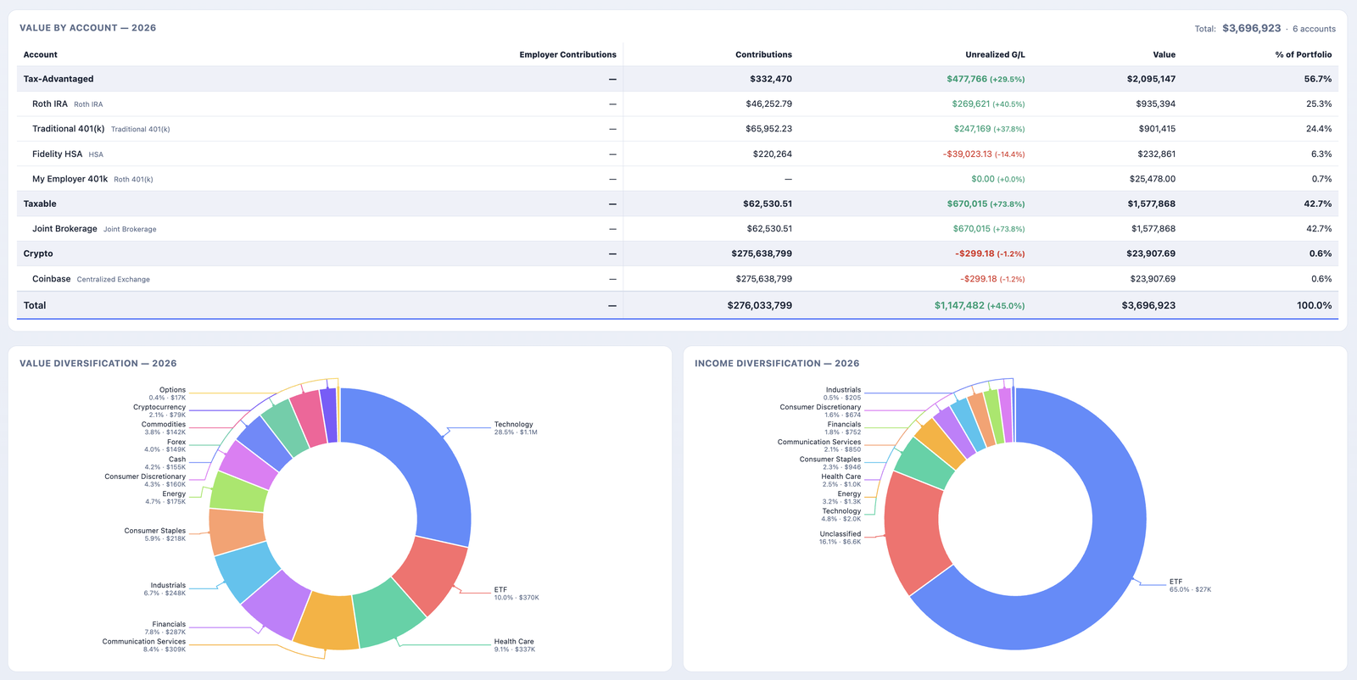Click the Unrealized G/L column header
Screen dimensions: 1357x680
pos(995,54)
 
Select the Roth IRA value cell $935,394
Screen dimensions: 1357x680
pos(1155,103)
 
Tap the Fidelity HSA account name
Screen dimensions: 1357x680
pos(57,153)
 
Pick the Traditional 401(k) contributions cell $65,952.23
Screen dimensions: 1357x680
pos(768,128)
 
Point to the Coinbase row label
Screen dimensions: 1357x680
pos(52,279)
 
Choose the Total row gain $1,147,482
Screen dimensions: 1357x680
pos(959,305)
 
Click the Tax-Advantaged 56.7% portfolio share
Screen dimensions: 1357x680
pos(1318,79)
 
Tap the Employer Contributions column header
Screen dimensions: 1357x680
pos(567,54)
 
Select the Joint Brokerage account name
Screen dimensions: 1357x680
pos(64,228)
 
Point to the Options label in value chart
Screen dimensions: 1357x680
pos(173,390)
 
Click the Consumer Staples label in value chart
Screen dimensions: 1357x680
pos(154,531)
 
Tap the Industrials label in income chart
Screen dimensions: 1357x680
pos(843,390)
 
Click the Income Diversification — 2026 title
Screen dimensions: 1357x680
pos(777,363)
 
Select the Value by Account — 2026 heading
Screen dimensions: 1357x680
pos(88,28)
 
